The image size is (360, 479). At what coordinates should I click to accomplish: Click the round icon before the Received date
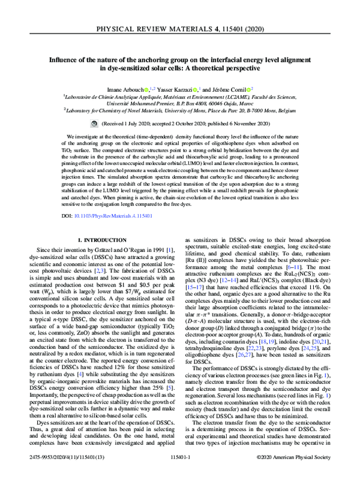pos(94,122)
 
